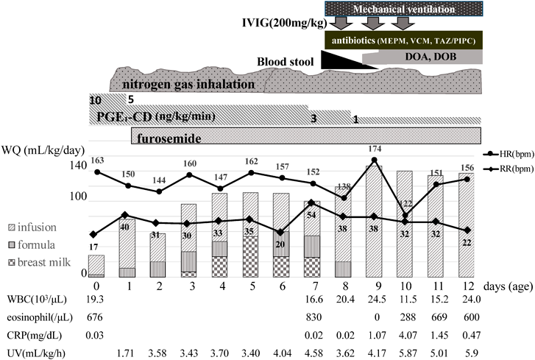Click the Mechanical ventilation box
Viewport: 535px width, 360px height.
click(x=403, y=9)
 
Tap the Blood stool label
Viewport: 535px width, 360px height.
click(x=288, y=60)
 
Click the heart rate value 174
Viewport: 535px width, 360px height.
click(x=375, y=150)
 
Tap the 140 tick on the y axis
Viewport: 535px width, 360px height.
click(x=77, y=168)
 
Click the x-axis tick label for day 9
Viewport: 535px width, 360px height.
click(x=375, y=284)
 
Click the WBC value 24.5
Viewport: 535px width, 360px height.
click(x=375, y=299)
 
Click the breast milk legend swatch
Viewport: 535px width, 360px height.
click(x=11, y=261)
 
